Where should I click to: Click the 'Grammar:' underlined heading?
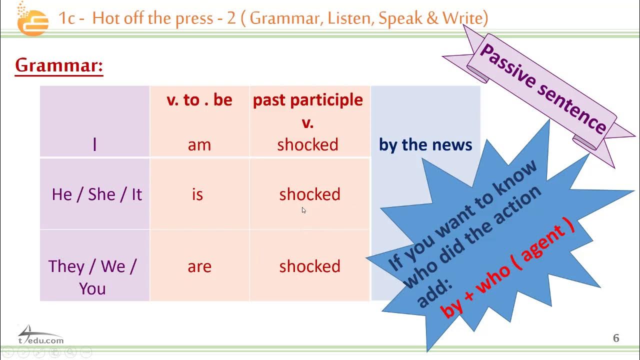(x=59, y=65)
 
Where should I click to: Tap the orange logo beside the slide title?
(x=32, y=19)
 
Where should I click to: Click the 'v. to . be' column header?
(x=199, y=100)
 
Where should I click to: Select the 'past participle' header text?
(x=307, y=100)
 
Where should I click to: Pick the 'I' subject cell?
(x=94, y=145)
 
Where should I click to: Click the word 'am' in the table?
(x=199, y=145)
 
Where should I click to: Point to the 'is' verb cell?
(x=197, y=194)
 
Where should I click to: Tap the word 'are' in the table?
(x=199, y=266)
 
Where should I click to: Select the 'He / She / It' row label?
(x=97, y=194)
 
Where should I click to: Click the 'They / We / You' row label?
(x=92, y=276)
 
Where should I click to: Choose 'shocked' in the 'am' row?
(x=307, y=145)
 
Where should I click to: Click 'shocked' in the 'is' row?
(x=309, y=194)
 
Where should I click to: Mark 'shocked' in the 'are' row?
(x=309, y=266)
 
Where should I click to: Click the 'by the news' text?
(x=425, y=145)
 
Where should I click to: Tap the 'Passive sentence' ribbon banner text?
(x=542, y=88)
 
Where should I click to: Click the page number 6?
(x=616, y=338)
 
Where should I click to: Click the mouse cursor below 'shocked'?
(x=303, y=210)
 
